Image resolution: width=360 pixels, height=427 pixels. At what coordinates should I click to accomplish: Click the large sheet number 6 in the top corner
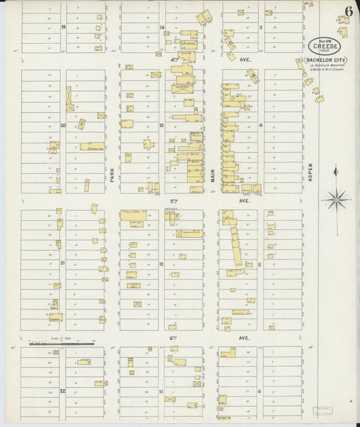(x=348, y=11)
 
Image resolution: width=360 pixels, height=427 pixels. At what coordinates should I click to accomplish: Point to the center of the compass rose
(x=336, y=199)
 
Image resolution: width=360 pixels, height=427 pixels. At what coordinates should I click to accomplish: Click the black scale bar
(x=61, y=344)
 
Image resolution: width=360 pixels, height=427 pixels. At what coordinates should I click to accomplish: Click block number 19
(x=63, y=27)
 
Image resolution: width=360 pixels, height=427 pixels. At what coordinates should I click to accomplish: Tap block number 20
(x=63, y=125)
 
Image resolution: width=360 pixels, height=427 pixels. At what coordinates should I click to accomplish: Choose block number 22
(x=63, y=391)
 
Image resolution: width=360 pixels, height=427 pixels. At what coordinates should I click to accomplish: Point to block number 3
(x=261, y=27)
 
